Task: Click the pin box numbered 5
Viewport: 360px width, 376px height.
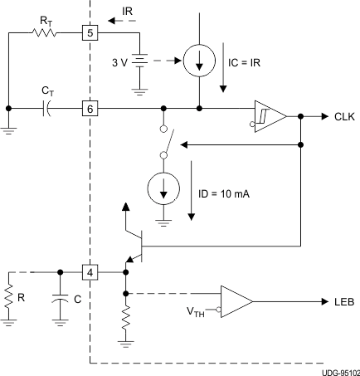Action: click(89, 34)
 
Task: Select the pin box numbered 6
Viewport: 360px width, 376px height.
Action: click(89, 108)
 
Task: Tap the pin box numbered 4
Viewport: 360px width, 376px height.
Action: click(89, 271)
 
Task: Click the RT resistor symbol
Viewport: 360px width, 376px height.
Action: click(44, 34)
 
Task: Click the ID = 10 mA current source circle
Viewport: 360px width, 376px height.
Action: click(163, 191)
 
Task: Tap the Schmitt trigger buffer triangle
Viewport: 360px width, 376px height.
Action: click(270, 117)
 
